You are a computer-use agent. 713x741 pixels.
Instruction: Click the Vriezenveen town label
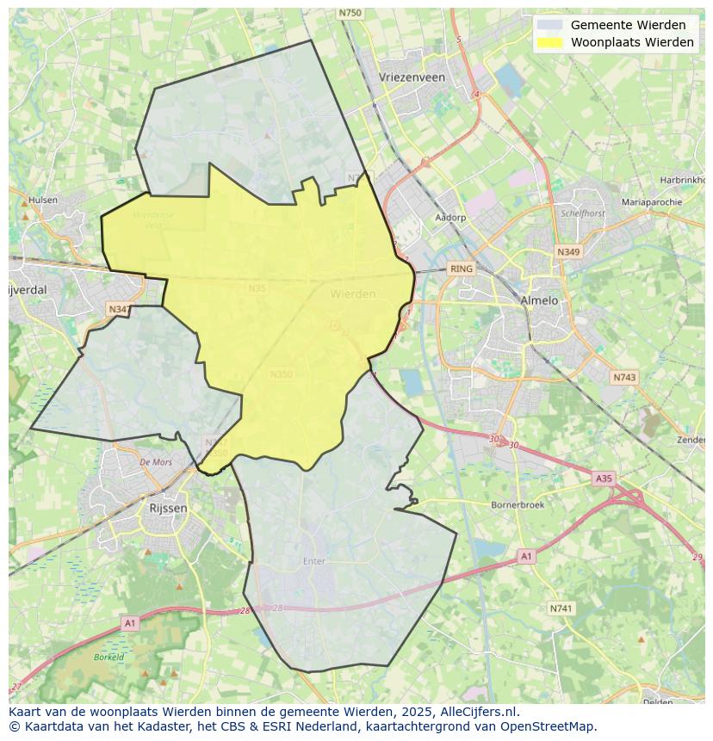tap(412, 77)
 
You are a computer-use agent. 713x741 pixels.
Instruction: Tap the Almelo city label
tap(539, 300)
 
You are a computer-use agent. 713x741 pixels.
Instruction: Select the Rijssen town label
tap(168, 508)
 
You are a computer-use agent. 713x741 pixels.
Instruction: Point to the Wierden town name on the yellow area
tap(352, 293)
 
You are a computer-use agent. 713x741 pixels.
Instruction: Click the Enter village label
tap(314, 561)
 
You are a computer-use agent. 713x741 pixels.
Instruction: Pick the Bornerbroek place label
tap(517, 504)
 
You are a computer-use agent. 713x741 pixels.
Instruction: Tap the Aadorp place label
tap(450, 218)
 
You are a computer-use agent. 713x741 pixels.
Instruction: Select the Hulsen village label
tap(43, 200)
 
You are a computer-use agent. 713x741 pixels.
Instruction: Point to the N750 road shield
tap(350, 12)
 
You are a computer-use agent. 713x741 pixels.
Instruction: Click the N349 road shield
tap(567, 252)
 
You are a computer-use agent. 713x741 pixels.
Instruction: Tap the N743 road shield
tap(624, 377)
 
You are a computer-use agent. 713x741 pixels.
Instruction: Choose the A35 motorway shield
tap(604, 478)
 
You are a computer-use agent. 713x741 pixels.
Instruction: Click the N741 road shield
tap(561, 608)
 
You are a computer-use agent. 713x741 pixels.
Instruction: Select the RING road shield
tap(462, 269)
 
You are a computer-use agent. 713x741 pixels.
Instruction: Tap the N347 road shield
tap(120, 308)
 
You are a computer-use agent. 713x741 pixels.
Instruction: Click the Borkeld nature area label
tap(109, 657)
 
